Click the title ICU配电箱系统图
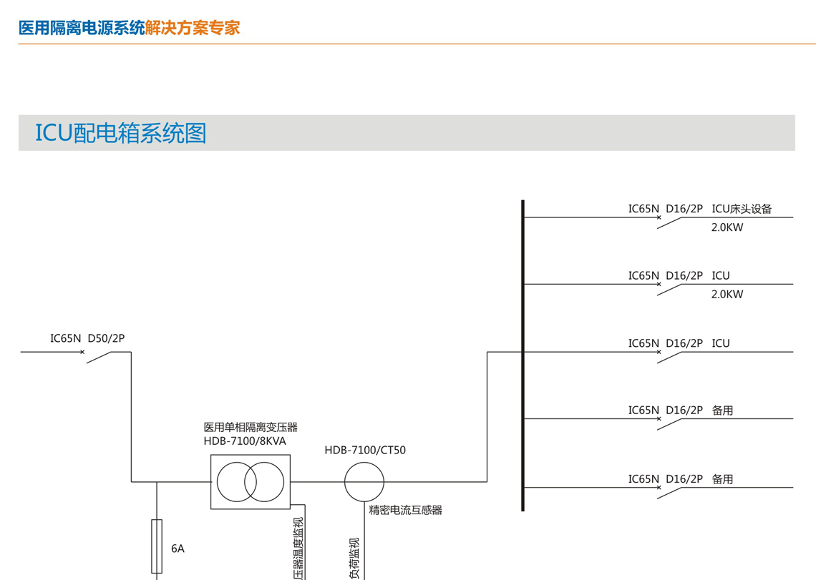tap(121, 133)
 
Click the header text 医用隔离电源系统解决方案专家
tap(129, 28)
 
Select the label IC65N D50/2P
tap(87, 338)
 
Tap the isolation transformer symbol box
tap(251, 482)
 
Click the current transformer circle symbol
tap(364, 482)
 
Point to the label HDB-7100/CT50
tap(365, 451)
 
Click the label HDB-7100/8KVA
tap(245, 441)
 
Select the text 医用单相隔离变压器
tap(251, 428)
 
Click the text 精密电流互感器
tap(406, 510)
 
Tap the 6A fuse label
tap(178, 549)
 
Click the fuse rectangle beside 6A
tap(157, 546)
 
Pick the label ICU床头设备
tap(742, 210)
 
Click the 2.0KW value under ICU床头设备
tap(727, 228)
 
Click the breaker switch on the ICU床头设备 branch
tap(670, 222)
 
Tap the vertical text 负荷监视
tap(354, 558)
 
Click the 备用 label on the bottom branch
tap(723, 479)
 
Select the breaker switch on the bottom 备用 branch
tap(670, 493)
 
